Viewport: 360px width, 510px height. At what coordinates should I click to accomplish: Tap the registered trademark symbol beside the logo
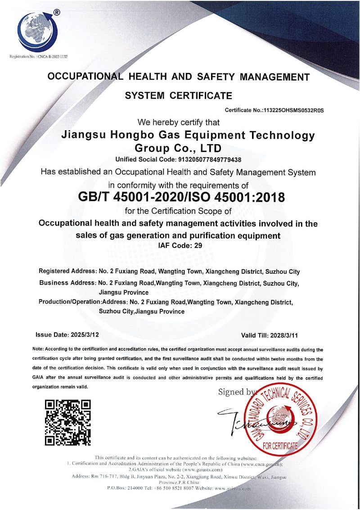point(56,13)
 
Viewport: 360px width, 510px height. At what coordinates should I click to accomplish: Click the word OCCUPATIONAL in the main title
point(85,77)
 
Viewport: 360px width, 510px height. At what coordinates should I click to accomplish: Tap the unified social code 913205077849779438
point(204,159)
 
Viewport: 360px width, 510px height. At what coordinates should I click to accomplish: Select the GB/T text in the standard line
point(95,197)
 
